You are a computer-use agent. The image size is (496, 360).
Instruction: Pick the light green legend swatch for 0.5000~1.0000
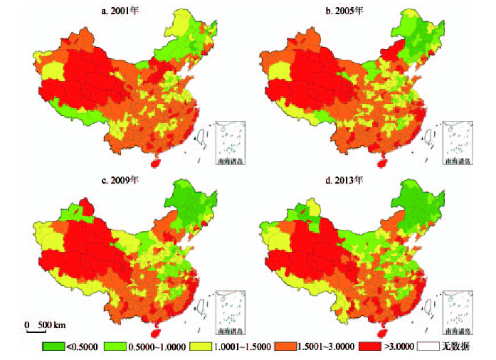[117, 346]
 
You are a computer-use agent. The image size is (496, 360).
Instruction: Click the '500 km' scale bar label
[52, 325]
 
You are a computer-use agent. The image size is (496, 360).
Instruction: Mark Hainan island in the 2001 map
[158, 163]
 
